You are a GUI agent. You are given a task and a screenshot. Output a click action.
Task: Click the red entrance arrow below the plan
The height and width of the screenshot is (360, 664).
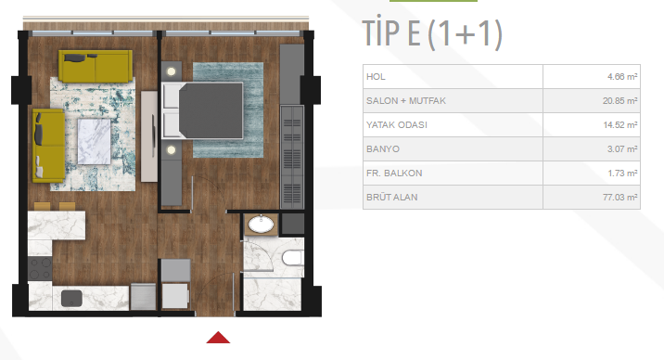[218, 338]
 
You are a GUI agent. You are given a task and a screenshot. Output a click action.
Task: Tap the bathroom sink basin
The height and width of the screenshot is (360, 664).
[261, 225]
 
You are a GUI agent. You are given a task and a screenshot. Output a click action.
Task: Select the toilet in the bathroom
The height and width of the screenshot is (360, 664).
[292, 258]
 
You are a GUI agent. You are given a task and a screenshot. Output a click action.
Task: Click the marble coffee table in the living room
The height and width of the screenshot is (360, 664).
[94, 141]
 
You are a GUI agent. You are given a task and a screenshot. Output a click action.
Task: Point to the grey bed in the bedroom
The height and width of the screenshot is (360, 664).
[203, 110]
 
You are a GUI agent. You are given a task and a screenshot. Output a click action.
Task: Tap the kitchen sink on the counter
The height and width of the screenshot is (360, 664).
[71, 298]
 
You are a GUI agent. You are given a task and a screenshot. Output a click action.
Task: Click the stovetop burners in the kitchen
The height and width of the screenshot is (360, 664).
[40, 268]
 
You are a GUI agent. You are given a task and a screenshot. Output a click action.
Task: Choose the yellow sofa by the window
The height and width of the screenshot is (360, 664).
[96, 66]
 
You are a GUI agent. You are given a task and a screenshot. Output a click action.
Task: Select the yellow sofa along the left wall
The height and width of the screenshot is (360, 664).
[48, 146]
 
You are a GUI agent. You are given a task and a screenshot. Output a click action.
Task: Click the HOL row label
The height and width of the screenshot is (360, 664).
[376, 77]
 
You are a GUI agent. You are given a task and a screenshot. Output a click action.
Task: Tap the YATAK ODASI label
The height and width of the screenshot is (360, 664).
[397, 125]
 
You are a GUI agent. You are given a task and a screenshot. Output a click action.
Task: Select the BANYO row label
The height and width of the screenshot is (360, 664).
[383, 149]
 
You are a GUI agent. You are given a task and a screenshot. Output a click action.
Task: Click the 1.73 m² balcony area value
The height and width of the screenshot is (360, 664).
[622, 174]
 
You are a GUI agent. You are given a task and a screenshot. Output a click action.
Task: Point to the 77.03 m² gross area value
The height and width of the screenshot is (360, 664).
[620, 198]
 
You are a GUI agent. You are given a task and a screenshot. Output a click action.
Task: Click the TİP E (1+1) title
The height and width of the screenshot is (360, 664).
[432, 33]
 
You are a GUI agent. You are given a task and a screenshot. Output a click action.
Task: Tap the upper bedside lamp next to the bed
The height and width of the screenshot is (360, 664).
[171, 71]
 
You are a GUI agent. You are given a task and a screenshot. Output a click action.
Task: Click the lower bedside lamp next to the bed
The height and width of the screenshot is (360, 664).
[171, 150]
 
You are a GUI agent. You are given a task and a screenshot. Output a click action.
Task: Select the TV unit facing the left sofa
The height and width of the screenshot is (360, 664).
[149, 136]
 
